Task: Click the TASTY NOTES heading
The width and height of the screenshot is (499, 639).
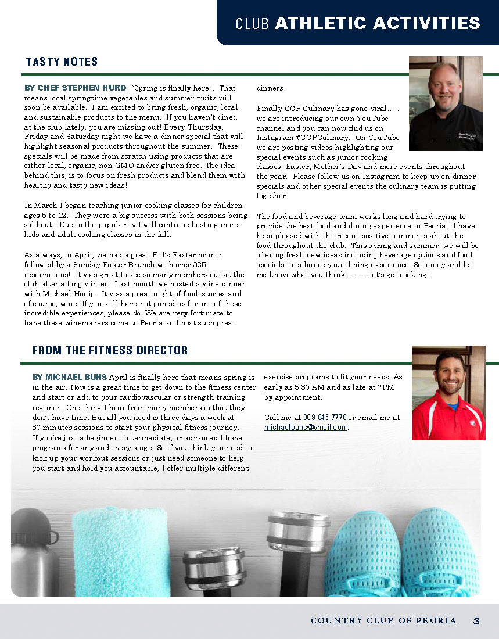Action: point(62,62)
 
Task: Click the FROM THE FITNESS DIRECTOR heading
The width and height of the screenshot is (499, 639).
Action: point(110,350)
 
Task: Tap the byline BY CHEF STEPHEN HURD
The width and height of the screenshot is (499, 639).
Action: point(75,88)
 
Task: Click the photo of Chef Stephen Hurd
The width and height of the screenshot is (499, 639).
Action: point(446,103)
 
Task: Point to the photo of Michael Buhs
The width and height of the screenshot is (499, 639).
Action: point(448,393)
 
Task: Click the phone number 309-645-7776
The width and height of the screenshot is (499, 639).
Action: point(325,418)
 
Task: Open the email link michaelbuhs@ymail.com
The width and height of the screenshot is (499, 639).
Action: point(306,427)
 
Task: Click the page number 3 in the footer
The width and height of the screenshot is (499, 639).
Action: point(476,621)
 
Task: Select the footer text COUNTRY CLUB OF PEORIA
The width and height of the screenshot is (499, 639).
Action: point(383,621)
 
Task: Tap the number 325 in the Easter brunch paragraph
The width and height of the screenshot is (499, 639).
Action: point(215,265)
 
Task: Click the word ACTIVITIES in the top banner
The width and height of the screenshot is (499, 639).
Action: point(427,23)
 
